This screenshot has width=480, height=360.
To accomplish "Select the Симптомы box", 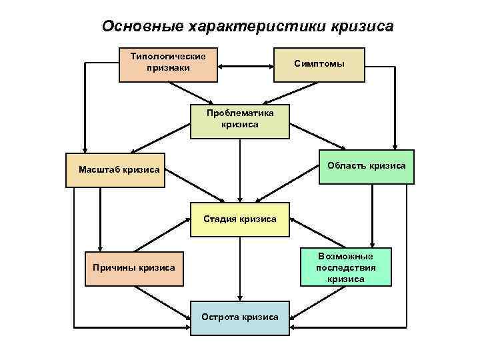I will [319, 64].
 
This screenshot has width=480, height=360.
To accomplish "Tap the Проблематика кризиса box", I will [240, 121].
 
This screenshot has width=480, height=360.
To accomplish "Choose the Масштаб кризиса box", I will [119, 169].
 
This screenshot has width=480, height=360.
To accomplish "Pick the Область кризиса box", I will [365, 166].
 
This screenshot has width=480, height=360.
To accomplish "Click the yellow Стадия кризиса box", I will [240, 219].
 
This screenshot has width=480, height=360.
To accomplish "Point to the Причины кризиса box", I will [133, 268].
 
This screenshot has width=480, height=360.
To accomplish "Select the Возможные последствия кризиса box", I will [345, 268].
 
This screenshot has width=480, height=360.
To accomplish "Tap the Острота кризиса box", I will [240, 317].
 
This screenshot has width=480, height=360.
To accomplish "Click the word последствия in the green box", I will [346, 268].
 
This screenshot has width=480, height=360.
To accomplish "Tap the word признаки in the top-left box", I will [169, 68].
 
